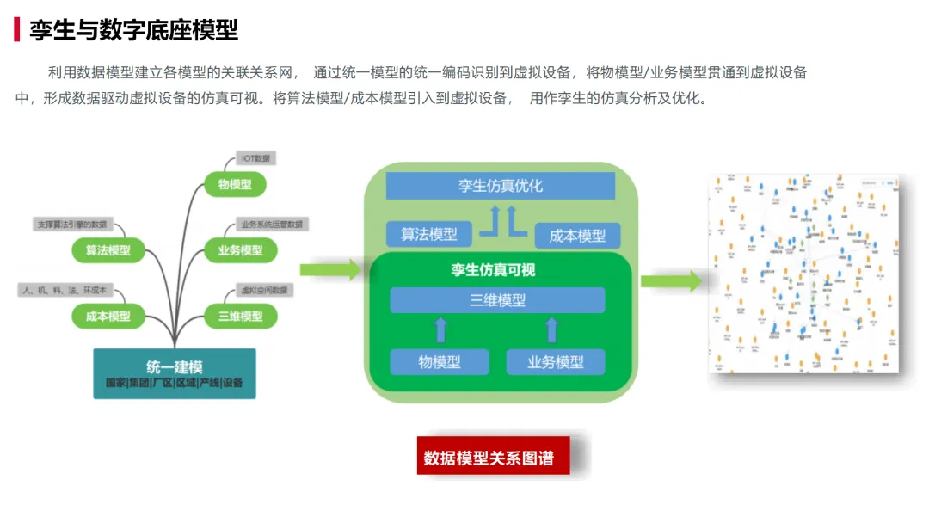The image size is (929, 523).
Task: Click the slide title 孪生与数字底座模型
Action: pos(133,30)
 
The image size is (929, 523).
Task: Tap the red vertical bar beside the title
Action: pos(16,30)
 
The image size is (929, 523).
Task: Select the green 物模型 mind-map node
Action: pos(234,184)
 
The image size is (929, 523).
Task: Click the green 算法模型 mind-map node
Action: pos(108,250)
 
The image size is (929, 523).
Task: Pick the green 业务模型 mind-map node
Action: pos(240,250)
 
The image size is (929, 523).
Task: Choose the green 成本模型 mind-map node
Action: pos(108,317)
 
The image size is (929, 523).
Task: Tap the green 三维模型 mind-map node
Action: pos(240,317)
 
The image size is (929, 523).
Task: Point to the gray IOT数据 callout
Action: pos(255,158)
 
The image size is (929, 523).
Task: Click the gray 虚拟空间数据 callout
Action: pos(265,290)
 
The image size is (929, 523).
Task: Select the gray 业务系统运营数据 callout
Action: pos(272,225)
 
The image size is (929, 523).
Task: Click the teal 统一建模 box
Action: pos(175,373)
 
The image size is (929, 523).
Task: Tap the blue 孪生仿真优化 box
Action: pos(500,186)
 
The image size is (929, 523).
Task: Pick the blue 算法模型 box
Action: pos(428,234)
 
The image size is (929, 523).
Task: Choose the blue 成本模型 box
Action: pos(576,236)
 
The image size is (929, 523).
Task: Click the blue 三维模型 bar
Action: pos(497,300)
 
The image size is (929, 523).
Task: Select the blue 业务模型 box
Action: pos(555,362)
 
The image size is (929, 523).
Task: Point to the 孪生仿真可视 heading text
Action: pos(493,270)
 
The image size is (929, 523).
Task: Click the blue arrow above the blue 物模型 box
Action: pos(440,330)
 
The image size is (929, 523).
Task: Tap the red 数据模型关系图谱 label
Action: pos(489,458)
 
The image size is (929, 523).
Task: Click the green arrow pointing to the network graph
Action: pos(672,280)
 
